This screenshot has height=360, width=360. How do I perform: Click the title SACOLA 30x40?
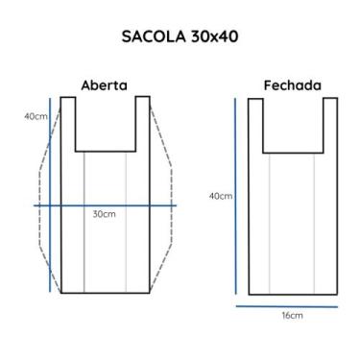click(180, 37)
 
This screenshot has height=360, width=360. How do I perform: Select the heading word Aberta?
click(105, 84)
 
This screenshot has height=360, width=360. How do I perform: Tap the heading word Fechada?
click(292, 84)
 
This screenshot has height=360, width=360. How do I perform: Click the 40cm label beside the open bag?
click(36, 116)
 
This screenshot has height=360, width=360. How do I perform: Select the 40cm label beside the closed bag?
click(220, 196)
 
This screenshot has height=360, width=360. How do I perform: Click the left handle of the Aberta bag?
click(68, 123)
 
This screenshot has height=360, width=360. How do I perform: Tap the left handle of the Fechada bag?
click(257, 123)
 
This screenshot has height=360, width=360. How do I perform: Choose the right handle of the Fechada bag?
click(329, 123)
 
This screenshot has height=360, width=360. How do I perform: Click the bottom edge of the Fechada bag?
click(293, 293)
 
